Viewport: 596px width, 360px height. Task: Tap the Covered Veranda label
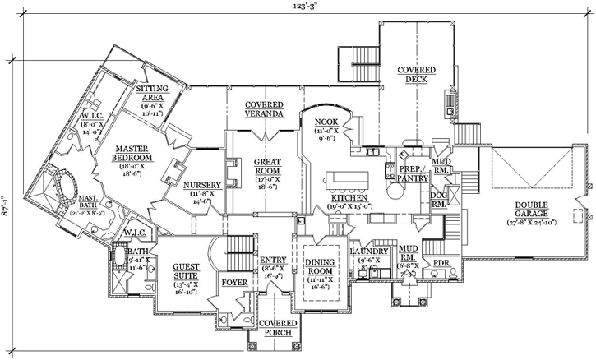point(263,109)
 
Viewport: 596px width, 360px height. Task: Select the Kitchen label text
point(353,200)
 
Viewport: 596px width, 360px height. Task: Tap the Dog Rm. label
point(439,197)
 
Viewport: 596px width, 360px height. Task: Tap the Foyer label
point(234,283)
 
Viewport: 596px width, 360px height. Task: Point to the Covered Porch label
point(278,329)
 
